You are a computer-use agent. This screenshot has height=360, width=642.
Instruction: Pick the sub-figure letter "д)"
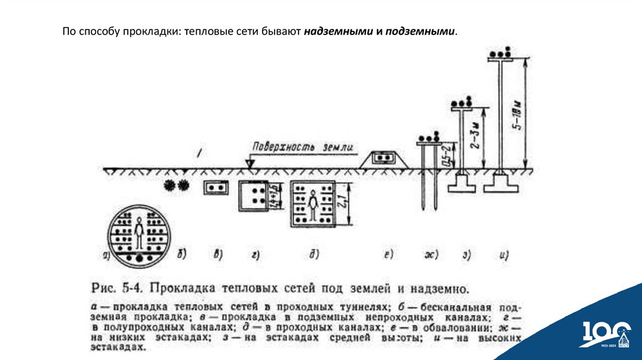314,254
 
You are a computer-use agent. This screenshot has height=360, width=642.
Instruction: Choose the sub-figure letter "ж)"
431,255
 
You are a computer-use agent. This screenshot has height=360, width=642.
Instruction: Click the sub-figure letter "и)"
503,255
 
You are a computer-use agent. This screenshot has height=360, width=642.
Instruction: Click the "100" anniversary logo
604,333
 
